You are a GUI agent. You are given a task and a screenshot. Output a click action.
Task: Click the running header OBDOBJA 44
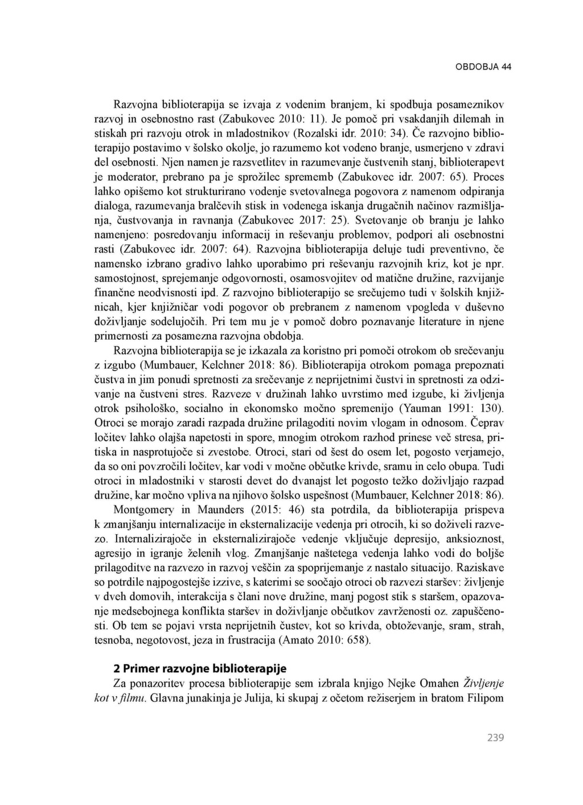click(483, 67)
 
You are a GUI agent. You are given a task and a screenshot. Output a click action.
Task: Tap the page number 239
click(495, 738)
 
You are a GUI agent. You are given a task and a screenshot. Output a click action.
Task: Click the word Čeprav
click(487, 423)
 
